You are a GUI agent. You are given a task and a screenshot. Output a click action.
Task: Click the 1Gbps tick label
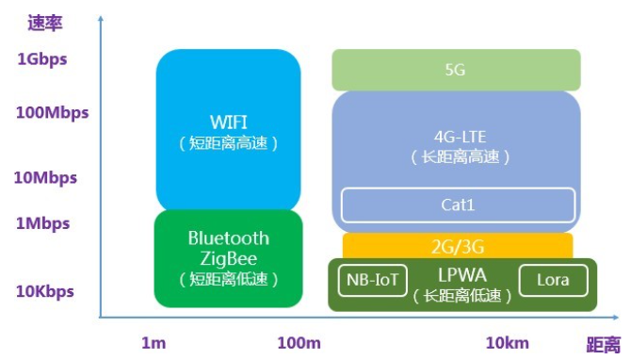[x=41, y=59]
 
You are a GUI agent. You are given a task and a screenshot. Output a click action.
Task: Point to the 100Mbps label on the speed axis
[x=53, y=113]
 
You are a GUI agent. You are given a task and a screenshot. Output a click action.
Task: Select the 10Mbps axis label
[x=45, y=178]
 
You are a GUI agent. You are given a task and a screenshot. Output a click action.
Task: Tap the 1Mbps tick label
[x=43, y=223]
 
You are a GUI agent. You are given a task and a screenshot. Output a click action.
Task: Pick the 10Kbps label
[x=45, y=291]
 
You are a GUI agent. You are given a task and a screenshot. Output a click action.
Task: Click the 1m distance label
[x=154, y=343]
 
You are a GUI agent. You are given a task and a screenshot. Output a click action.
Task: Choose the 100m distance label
[x=299, y=343]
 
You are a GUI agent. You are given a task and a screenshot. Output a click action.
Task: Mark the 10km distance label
[x=508, y=343]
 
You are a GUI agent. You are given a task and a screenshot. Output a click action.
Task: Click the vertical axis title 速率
[x=44, y=23]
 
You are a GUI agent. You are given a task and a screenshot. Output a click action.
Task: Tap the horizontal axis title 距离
[x=604, y=345]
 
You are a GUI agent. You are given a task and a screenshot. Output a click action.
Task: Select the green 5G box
[x=456, y=70]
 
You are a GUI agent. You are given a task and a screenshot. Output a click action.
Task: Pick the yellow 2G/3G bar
[x=458, y=246]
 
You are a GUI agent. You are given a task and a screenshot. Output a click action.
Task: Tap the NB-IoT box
[x=373, y=280]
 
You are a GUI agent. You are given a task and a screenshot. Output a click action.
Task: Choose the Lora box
[x=554, y=280]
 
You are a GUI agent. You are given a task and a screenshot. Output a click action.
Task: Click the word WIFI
[x=229, y=122]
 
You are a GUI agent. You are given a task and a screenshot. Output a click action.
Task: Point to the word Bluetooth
[x=229, y=238]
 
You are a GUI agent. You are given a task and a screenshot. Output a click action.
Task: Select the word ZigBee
[x=229, y=258]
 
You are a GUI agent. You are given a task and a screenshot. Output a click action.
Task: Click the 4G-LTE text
[x=460, y=137]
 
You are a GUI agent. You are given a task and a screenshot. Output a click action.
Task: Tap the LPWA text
[x=462, y=275]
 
